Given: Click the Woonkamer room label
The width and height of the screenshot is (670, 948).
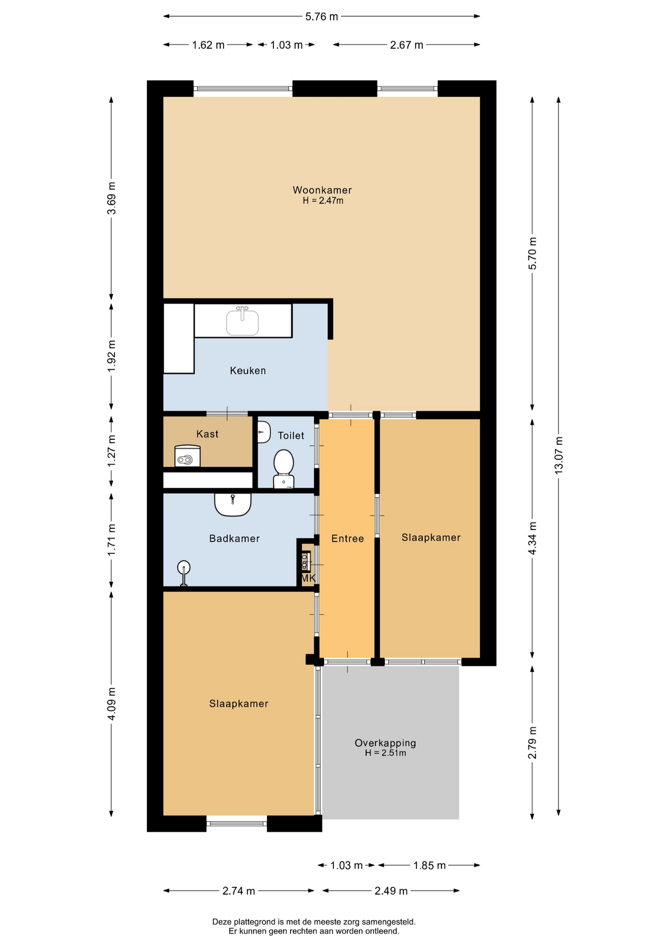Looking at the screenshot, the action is [x=322, y=190].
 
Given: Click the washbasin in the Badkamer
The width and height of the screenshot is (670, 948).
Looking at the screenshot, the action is [x=233, y=505].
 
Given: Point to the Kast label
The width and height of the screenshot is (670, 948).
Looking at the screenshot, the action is [x=207, y=434].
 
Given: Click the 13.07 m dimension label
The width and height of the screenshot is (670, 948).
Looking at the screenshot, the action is [x=558, y=455].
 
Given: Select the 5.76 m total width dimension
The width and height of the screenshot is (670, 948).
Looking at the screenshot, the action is [x=322, y=17].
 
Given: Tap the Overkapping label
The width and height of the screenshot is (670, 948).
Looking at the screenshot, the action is [x=385, y=743].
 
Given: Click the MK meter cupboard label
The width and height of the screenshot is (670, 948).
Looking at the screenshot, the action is [x=308, y=578].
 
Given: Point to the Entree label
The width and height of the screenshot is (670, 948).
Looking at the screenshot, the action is [x=347, y=539].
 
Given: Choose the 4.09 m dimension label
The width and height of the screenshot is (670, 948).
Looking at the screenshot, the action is [x=112, y=704].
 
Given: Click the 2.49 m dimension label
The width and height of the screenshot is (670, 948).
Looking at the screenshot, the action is [x=391, y=891].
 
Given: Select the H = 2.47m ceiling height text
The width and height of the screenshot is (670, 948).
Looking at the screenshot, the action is [x=323, y=200].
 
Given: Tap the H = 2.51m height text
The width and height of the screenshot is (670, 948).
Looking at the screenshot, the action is [x=385, y=753].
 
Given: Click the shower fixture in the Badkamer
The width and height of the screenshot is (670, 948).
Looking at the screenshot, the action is [x=184, y=573].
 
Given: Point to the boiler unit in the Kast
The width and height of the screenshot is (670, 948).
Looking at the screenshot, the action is [x=187, y=456].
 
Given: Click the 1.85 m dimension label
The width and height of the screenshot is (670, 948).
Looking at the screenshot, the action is [x=430, y=865].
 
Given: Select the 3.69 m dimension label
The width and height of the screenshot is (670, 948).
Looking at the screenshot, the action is [x=112, y=198].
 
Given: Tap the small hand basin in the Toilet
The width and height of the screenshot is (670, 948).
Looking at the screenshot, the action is [x=263, y=432].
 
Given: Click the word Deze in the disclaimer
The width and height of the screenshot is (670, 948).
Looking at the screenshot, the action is [x=222, y=921].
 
